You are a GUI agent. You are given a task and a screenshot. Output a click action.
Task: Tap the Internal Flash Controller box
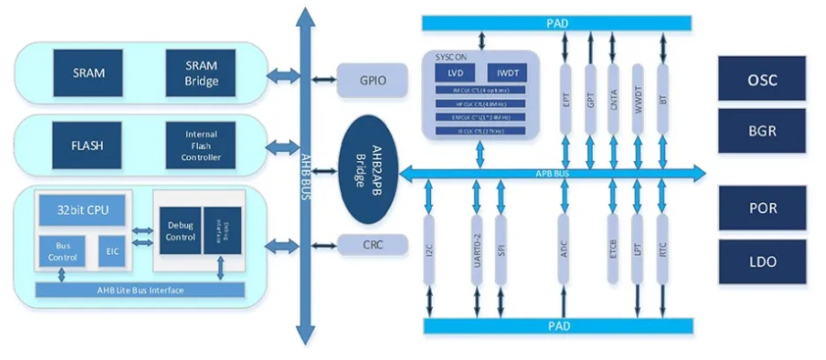pos(201,144)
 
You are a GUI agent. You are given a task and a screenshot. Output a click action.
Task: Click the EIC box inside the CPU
pos(111,251)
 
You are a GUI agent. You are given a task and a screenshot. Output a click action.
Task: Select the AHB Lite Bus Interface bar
pos(139,290)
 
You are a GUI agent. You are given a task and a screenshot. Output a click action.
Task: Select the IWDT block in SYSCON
pos(507,72)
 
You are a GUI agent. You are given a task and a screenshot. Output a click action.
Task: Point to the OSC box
pos(761,79)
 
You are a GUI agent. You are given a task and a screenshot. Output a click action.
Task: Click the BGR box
pos(761,129)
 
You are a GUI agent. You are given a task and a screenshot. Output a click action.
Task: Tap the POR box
pos(761,208)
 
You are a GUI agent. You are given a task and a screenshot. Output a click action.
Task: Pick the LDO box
pos(761,261)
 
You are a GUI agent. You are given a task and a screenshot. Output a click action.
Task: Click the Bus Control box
pos(62,251)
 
